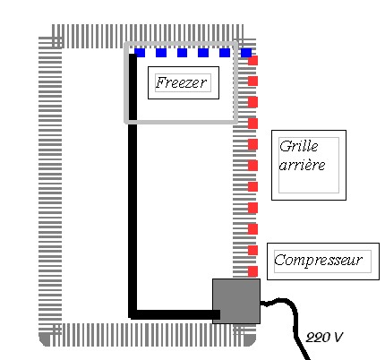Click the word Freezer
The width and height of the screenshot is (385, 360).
[181, 82]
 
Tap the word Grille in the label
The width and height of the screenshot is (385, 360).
[299, 146]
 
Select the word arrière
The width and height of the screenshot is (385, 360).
[302, 165]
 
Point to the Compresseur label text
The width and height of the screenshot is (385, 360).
[319, 260]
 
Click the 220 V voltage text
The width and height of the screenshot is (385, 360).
[324, 338]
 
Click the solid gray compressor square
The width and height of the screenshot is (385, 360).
[236, 301]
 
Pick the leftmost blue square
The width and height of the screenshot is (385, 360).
[140, 53]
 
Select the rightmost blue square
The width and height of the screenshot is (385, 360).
[246, 53]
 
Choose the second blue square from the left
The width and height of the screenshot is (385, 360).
[161, 53]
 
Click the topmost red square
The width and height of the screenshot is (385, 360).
[253, 61]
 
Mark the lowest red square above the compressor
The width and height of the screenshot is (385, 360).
[253, 271]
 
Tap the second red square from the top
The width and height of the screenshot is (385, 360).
[253, 81]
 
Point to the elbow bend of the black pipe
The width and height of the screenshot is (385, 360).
[133, 314]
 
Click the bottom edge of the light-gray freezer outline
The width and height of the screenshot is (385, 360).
[181, 122]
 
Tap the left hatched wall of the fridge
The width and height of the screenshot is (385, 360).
[50, 185]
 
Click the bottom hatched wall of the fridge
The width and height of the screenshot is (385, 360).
[148, 335]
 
